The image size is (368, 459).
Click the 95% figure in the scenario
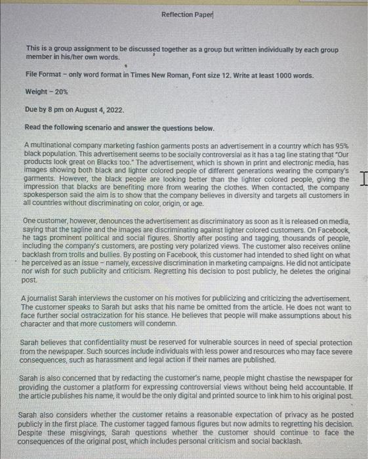coord(343,144)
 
